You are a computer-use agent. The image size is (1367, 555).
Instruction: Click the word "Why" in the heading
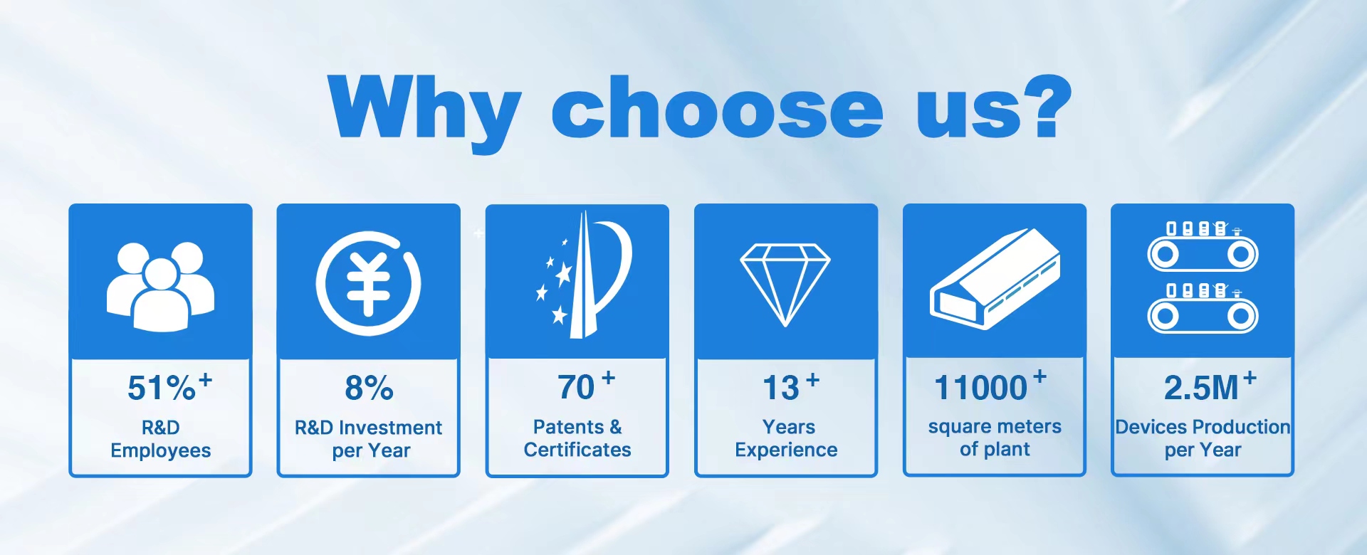click(425, 112)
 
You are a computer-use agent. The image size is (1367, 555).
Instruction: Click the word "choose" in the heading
click(718, 107)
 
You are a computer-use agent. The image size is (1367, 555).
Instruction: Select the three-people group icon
click(160, 287)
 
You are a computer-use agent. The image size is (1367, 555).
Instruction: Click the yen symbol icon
click(368, 283)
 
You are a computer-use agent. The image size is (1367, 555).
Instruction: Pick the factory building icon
click(995, 279)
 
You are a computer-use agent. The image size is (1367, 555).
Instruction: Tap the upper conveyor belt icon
click(1203, 246)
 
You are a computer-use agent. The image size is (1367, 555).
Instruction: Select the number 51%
click(162, 388)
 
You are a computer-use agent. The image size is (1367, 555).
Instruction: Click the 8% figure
click(369, 388)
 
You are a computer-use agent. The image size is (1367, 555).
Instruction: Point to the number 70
click(576, 388)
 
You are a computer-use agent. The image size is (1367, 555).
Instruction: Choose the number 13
click(781, 388)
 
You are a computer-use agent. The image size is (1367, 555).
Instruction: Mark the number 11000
click(980, 388)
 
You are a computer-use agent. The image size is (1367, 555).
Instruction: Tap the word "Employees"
click(161, 451)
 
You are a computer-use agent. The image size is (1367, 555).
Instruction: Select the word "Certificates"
click(577, 450)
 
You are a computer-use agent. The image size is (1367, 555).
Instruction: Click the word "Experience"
click(786, 450)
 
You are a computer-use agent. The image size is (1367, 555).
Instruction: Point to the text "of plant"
click(995, 450)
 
